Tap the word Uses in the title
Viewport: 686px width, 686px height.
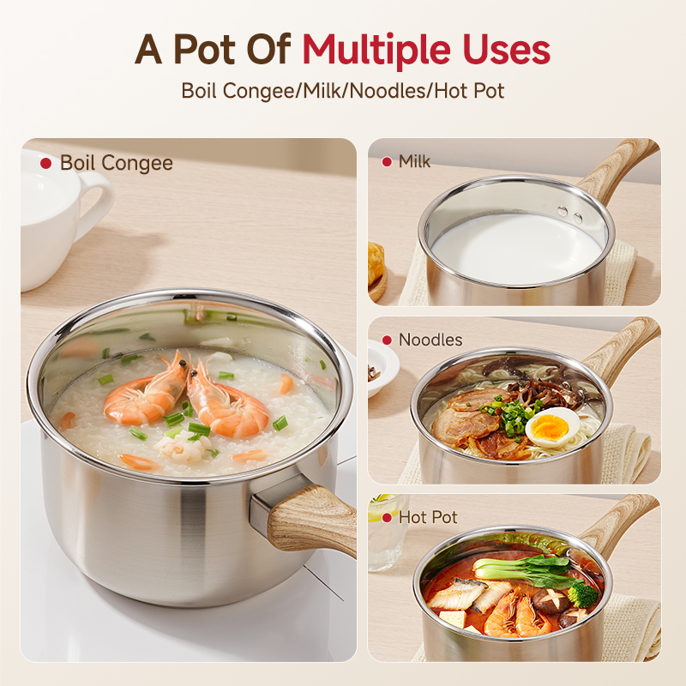point(505,51)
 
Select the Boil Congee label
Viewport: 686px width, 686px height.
point(117,163)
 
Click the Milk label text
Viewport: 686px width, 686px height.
point(414,161)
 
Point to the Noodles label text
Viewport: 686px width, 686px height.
point(430,340)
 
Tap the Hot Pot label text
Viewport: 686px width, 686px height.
point(428,517)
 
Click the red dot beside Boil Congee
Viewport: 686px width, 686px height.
point(46,163)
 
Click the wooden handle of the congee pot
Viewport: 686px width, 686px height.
point(311,518)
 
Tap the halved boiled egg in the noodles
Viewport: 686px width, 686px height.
point(553,426)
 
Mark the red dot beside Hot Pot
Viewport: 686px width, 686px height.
point(387,518)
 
